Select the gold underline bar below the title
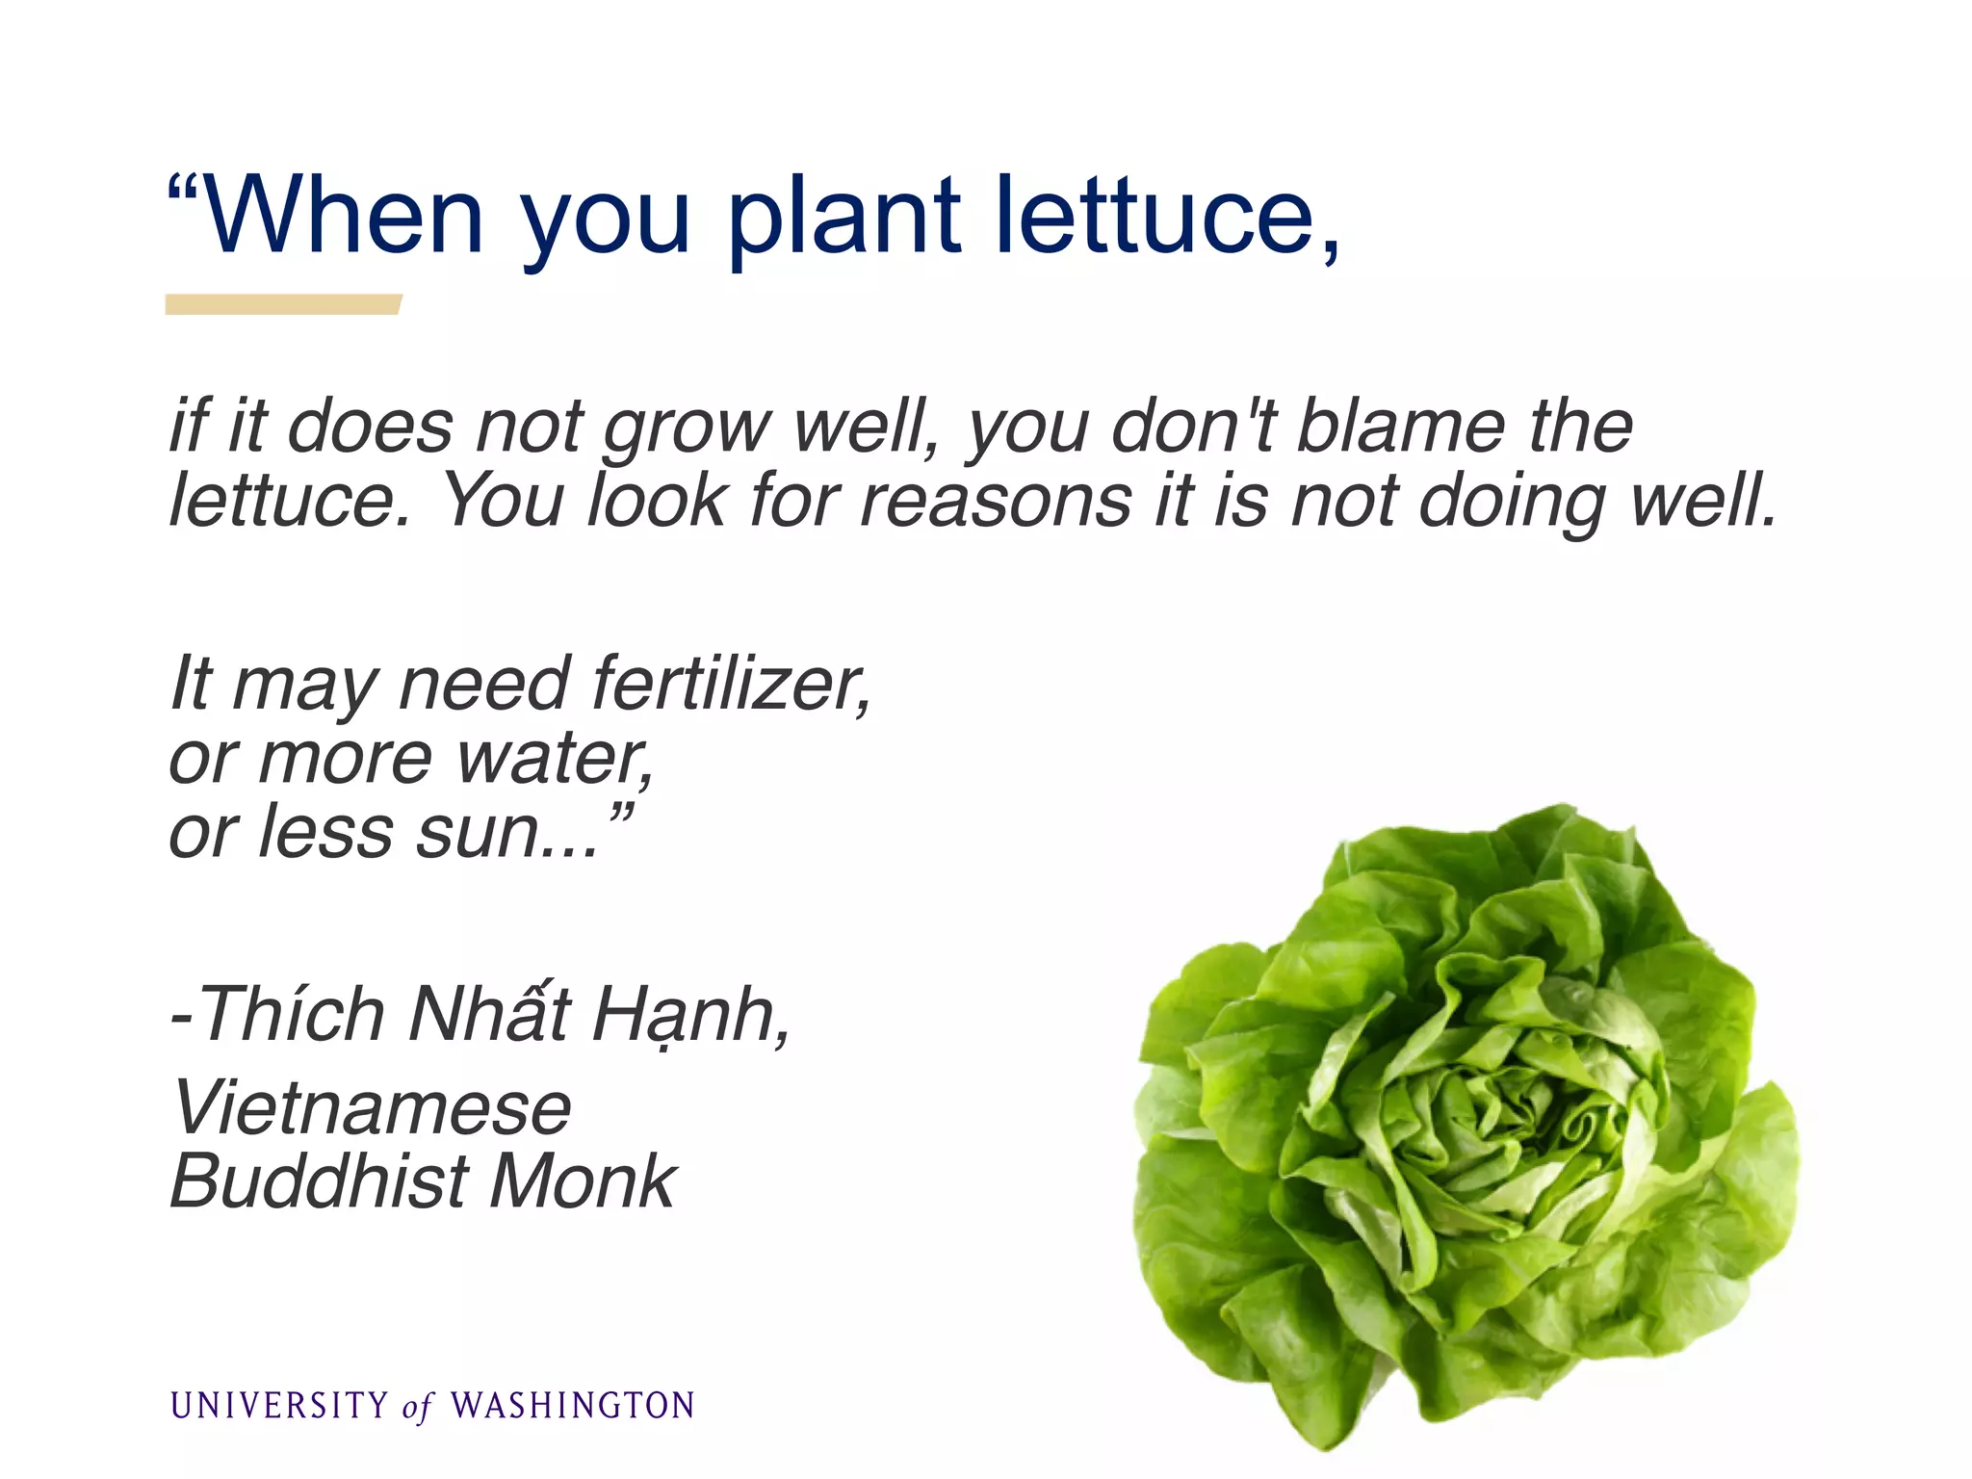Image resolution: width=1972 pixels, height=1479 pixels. (282, 304)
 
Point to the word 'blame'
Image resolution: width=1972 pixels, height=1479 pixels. (1401, 426)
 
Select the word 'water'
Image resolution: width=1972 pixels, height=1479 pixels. (554, 759)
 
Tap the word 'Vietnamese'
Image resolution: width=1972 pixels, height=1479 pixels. (372, 1108)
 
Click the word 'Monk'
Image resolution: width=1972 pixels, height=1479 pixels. (582, 1181)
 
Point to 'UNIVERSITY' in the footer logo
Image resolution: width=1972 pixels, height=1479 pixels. (279, 1406)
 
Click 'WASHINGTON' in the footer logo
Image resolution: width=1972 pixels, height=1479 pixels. (573, 1406)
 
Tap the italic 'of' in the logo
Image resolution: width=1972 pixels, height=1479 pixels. (418, 1408)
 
